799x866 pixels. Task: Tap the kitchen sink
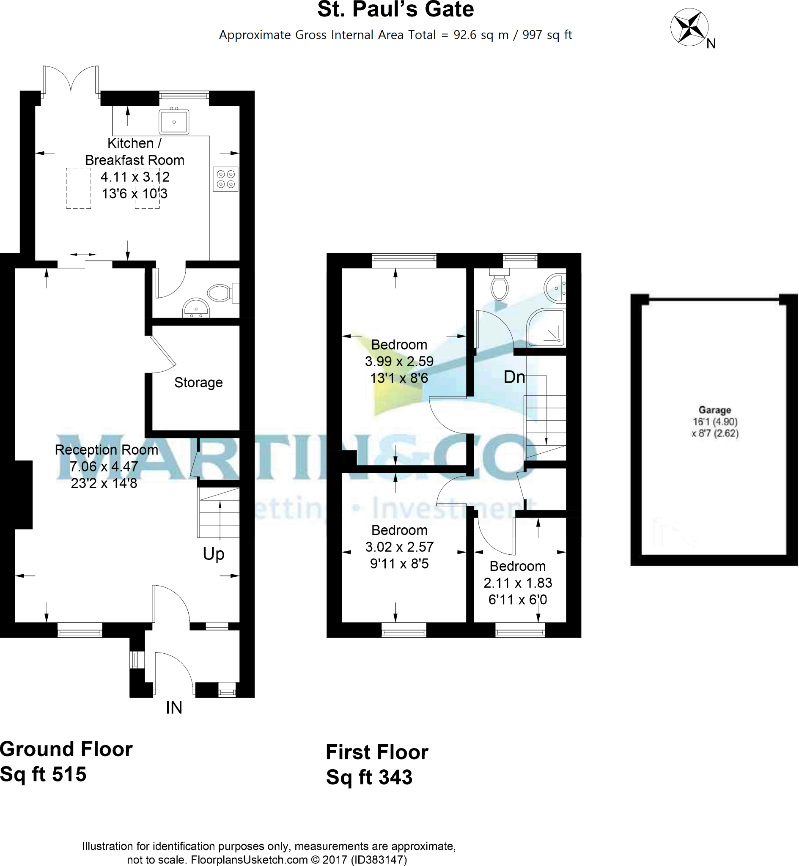click(x=174, y=122)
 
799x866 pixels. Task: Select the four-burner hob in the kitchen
click(x=226, y=179)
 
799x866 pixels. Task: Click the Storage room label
click(x=198, y=382)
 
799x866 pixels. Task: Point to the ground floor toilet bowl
click(x=220, y=293)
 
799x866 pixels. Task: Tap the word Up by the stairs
click(x=214, y=554)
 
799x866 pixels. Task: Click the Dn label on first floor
click(x=514, y=377)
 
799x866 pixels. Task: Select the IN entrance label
click(x=174, y=707)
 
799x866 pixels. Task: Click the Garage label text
click(x=715, y=410)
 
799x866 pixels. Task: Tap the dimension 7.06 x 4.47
click(x=104, y=466)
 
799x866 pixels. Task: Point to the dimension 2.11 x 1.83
click(x=518, y=583)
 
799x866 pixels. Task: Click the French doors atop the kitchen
click(x=71, y=79)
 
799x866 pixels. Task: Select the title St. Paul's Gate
click(x=395, y=9)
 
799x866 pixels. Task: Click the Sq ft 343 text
click(x=369, y=777)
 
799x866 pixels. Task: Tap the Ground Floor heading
click(x=66, y=749)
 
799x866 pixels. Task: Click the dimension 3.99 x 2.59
click(x=399, y=361)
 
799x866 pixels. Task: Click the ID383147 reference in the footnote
click(x=378, y=860)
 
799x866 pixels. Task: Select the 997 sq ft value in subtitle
click(x=547, y=35)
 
